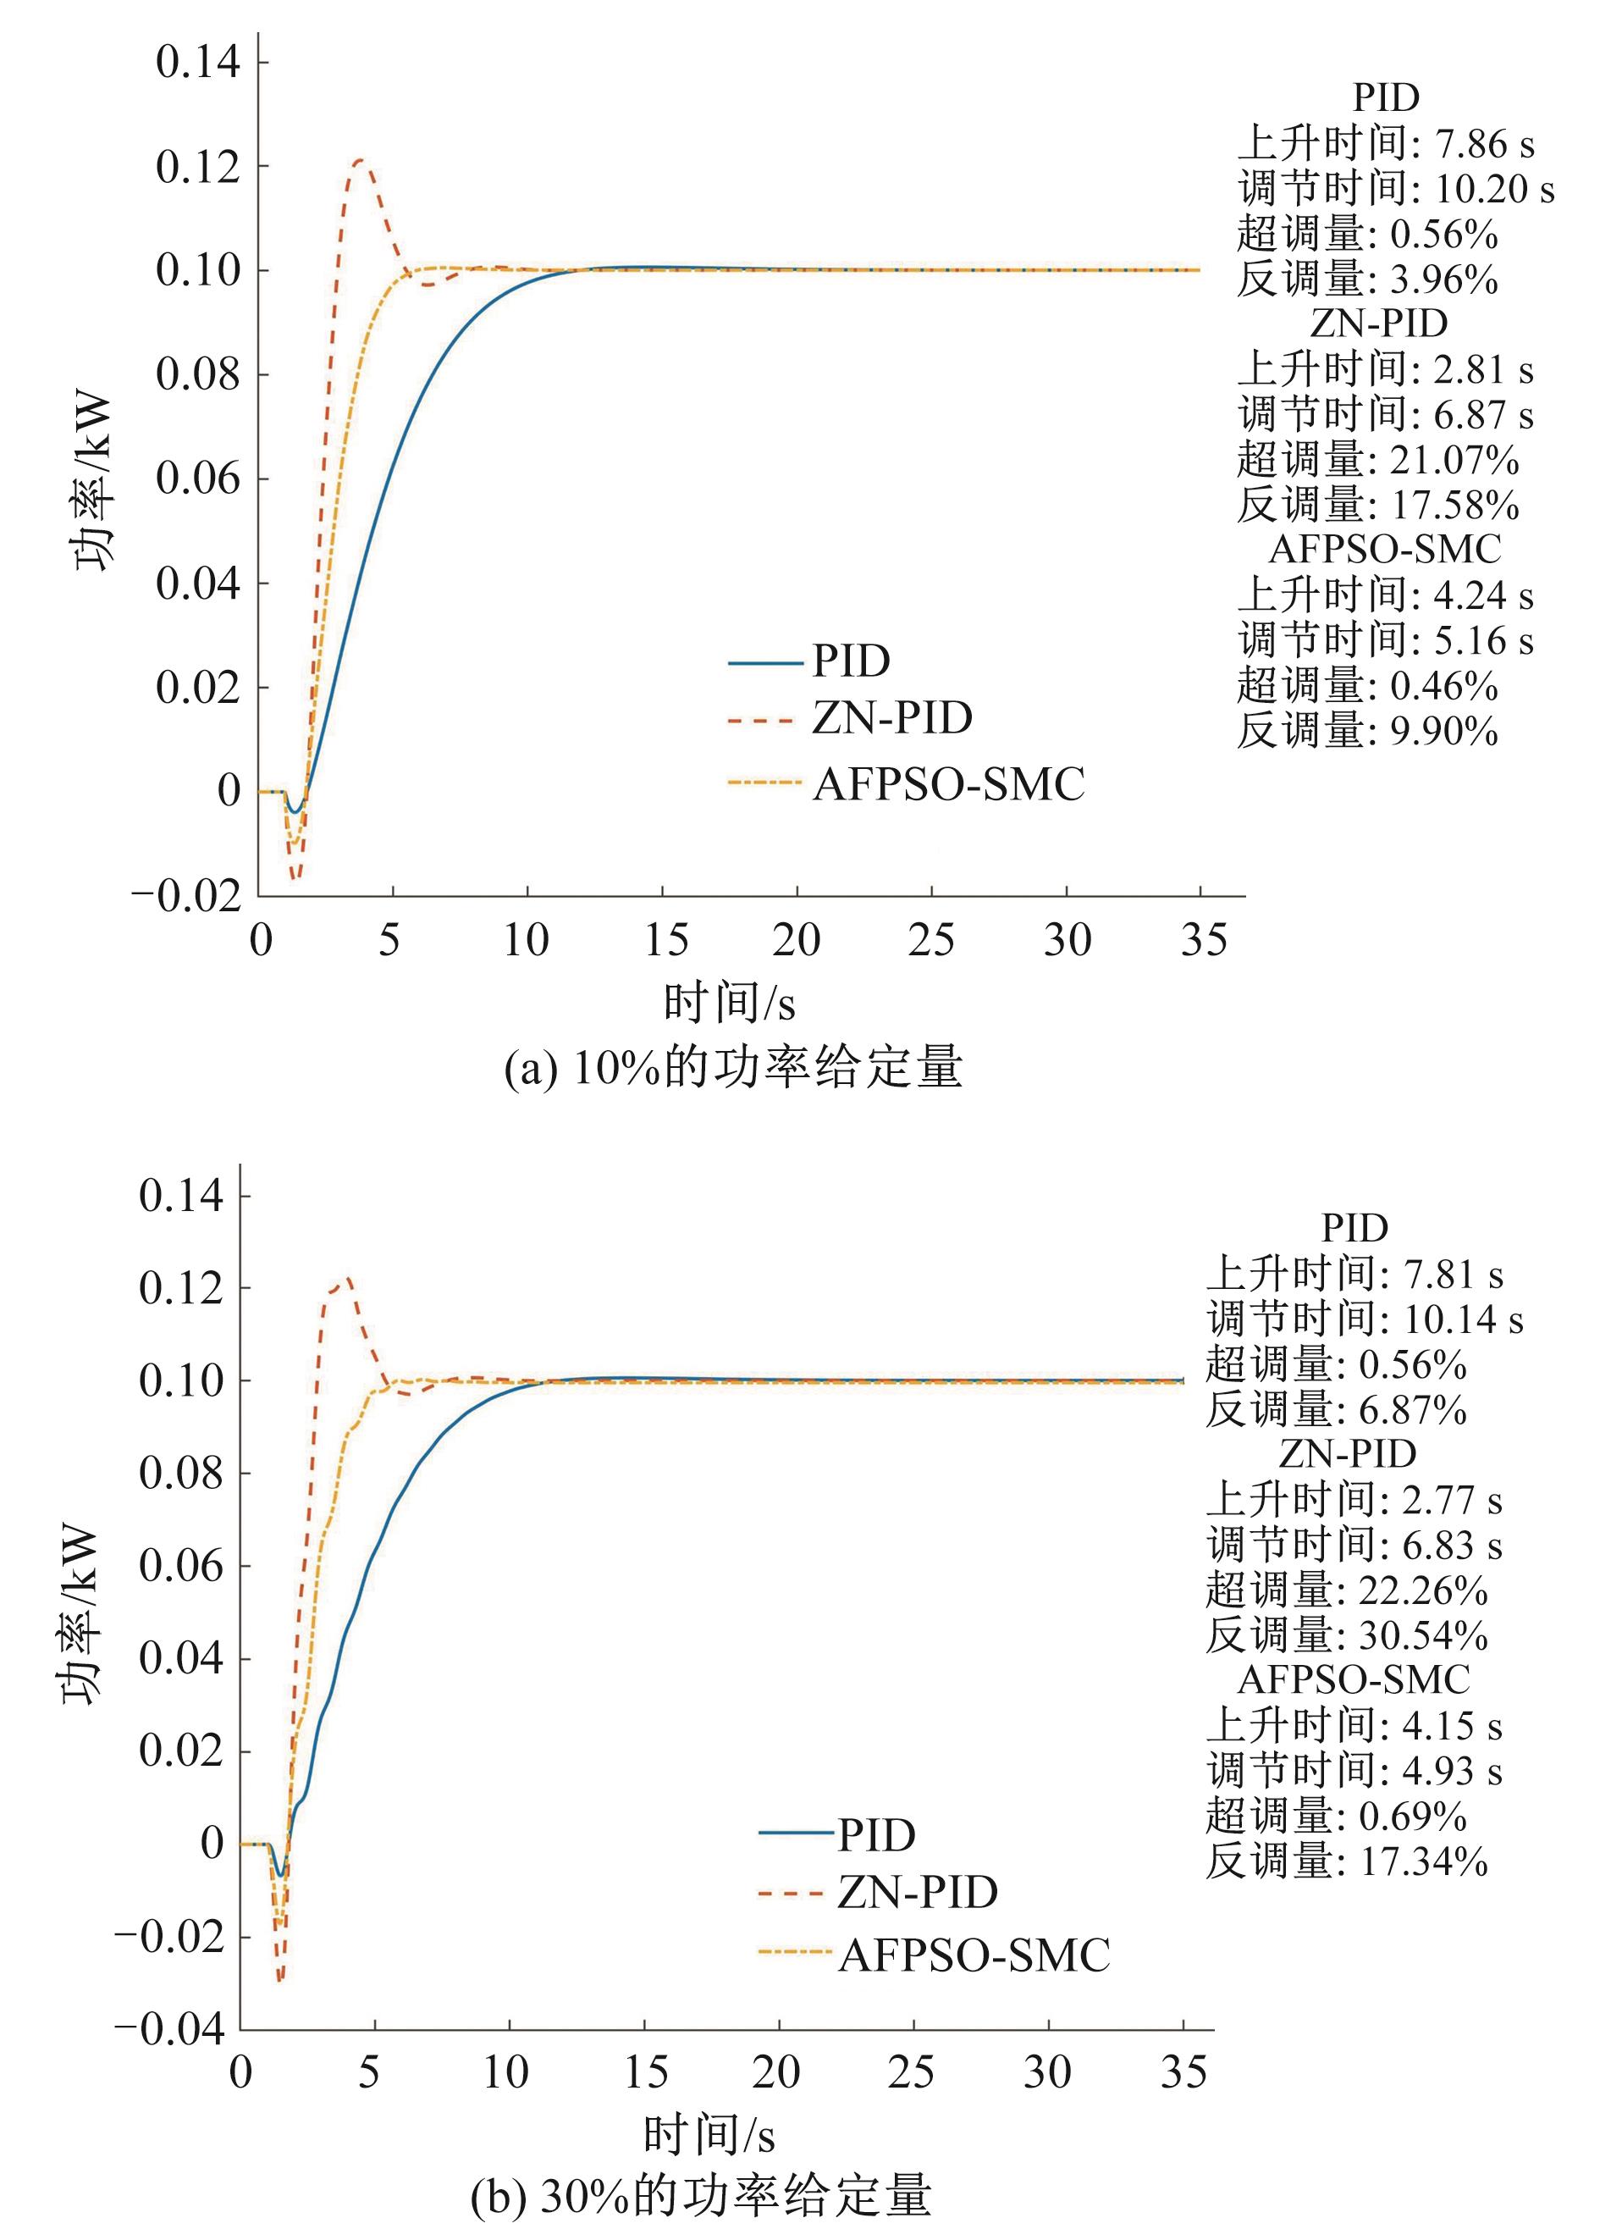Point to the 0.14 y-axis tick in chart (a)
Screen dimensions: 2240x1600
198,62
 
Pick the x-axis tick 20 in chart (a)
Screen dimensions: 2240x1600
796,940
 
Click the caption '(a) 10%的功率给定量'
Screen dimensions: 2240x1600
733,1067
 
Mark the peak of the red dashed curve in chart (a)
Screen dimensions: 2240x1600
360,160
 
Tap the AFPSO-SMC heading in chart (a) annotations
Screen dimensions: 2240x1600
1384,550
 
